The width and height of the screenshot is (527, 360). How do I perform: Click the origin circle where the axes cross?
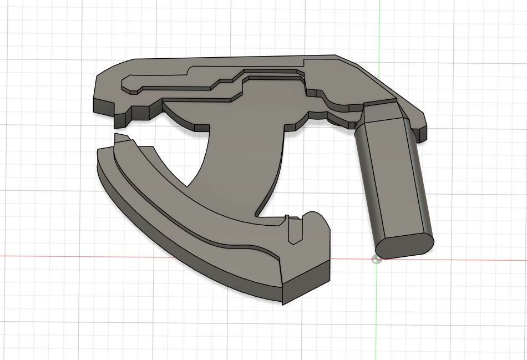click(x=377, y=258)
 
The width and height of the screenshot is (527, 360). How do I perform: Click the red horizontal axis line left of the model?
click(x=44, y=256)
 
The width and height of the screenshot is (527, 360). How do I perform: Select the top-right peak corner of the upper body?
click(x=335, y=55)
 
